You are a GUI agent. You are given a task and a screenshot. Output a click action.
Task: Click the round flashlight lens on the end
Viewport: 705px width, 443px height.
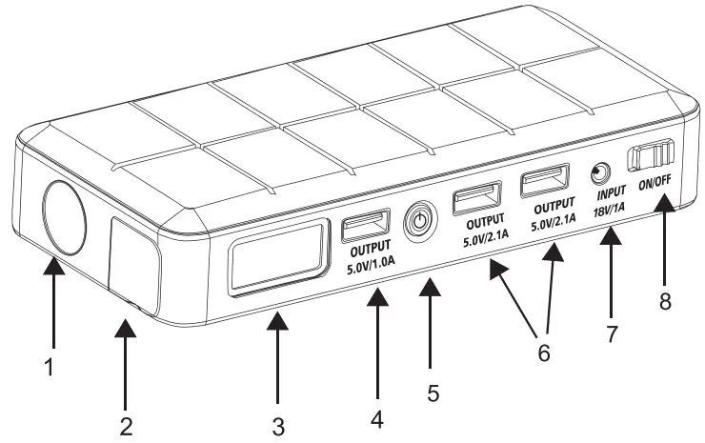coord(64,218)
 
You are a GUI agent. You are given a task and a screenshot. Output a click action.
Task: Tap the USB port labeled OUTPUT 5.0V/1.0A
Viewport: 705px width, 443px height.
coord(365,229)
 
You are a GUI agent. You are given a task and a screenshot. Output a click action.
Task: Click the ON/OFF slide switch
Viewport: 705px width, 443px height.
coord(653,154)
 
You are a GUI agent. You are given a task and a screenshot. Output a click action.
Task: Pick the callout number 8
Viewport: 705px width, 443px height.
coord(666,302)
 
